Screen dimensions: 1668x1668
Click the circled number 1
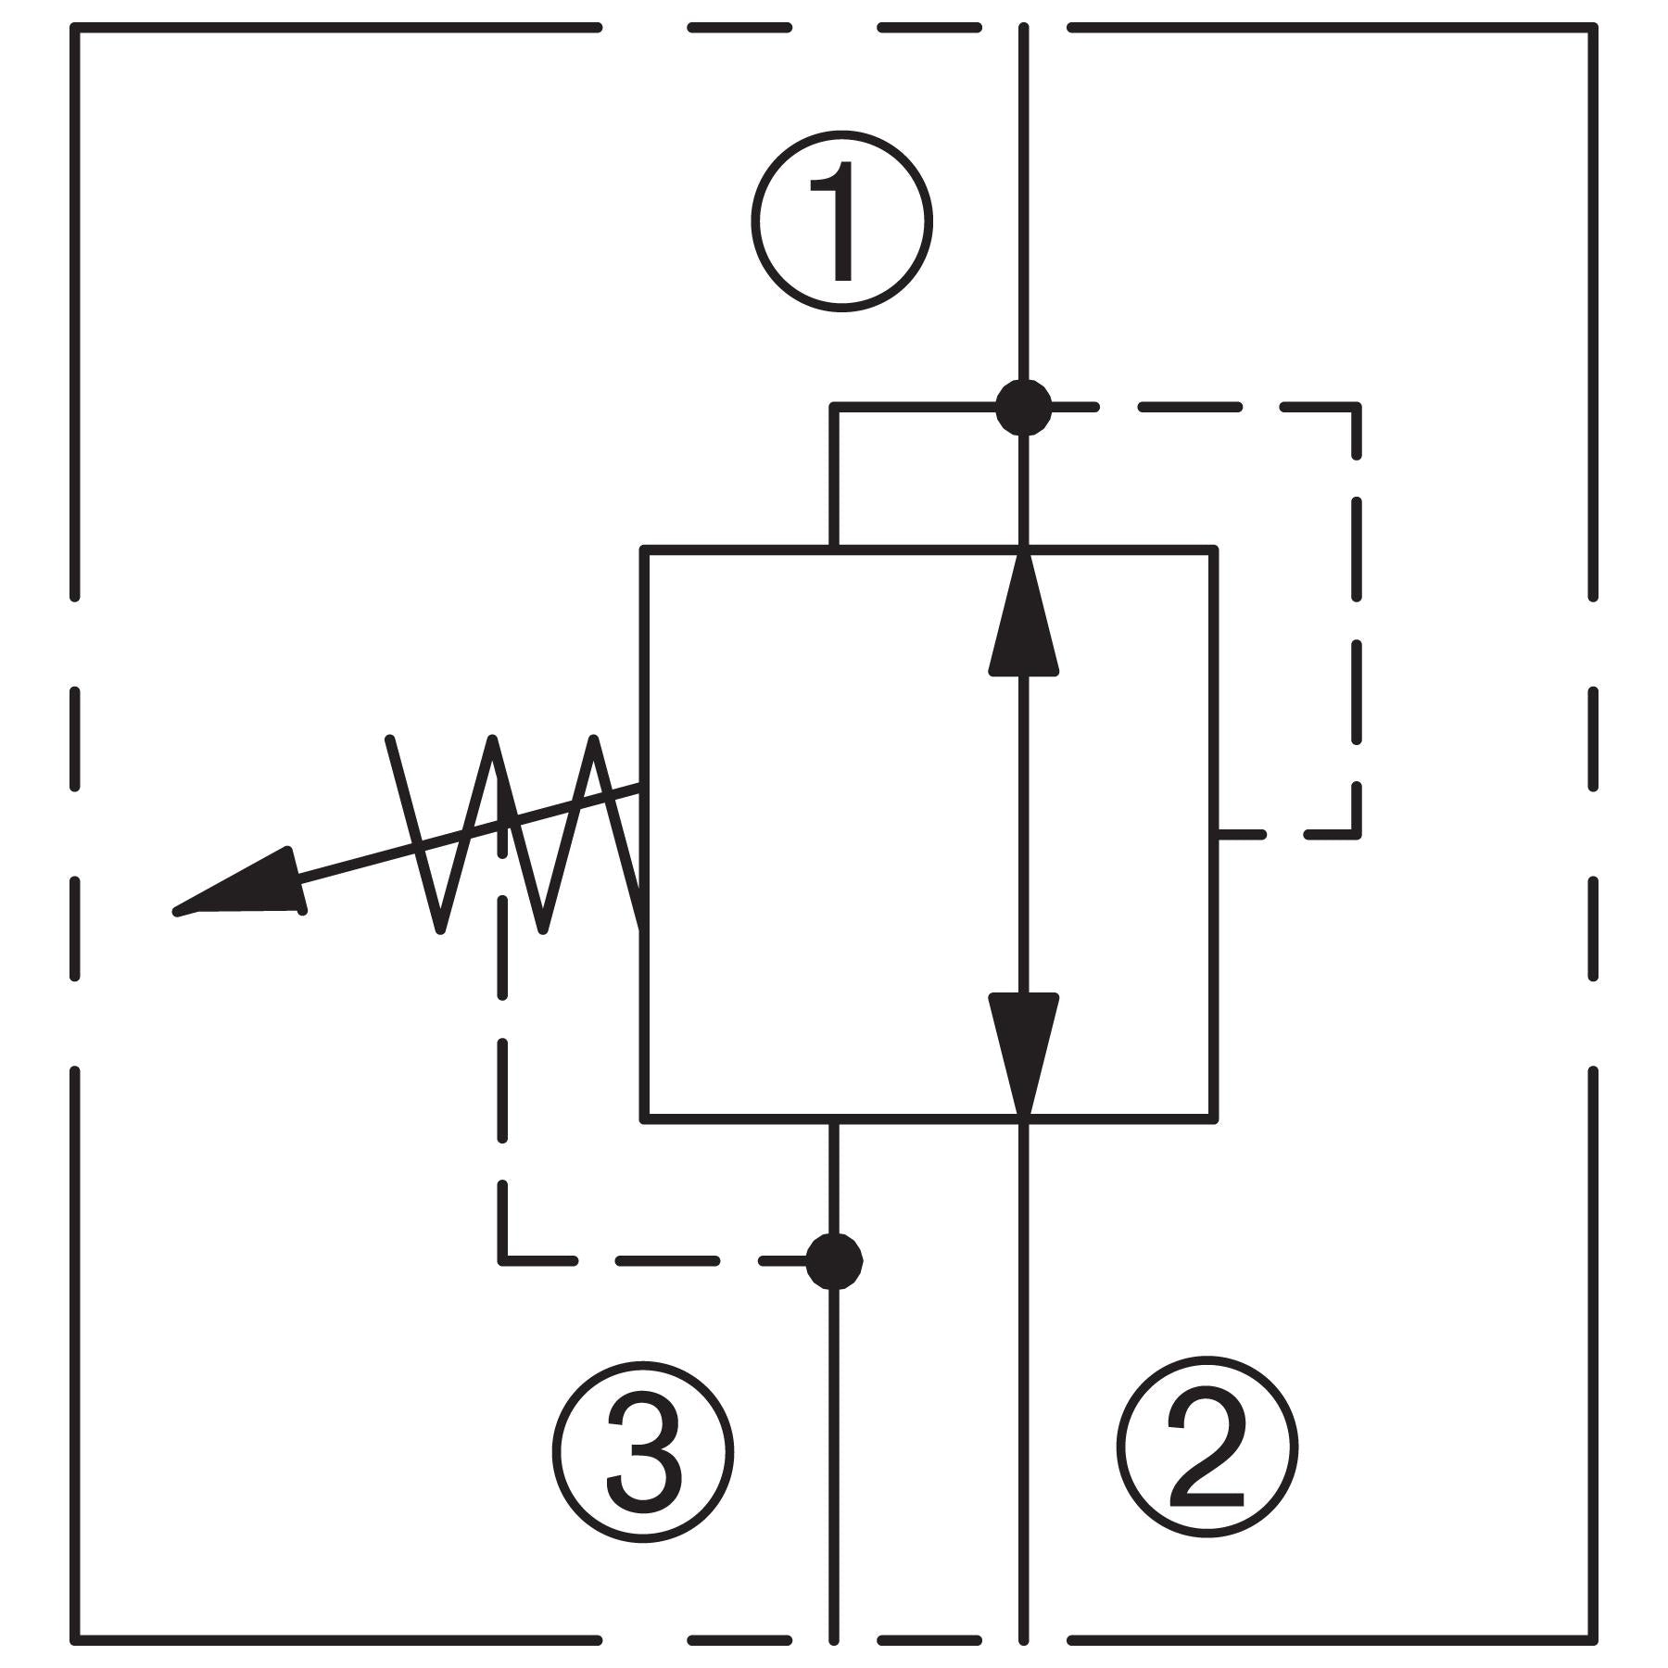pyautogui.click(x=841, y=221)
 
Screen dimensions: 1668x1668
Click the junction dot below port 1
pyautogui.click(x=1023, y=407)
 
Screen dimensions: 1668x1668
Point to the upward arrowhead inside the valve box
pyautogui.click(x=1023, y=616)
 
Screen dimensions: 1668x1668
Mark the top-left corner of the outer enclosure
pyautogui.click(x=75, y=29)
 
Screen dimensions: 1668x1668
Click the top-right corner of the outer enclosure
pyautogui.click(x=1594, y=29)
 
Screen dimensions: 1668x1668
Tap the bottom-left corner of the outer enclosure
pyautogui.click(x=75, y=1640)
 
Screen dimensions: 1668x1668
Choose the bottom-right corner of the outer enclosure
pyautogui.click(x=1594, y=1640)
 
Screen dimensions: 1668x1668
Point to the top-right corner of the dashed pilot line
pyautogui.click(x=1357, y=407)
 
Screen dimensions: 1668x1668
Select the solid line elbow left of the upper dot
pyautogui.click(x=834, y=407)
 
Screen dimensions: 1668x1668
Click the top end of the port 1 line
pyautogui.click(x=1023, y=29)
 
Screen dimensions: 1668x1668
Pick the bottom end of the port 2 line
pyautogui.click(x=1023, y=1640)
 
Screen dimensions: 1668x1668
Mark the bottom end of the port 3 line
pyautogui.click(x=834, y=1640)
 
